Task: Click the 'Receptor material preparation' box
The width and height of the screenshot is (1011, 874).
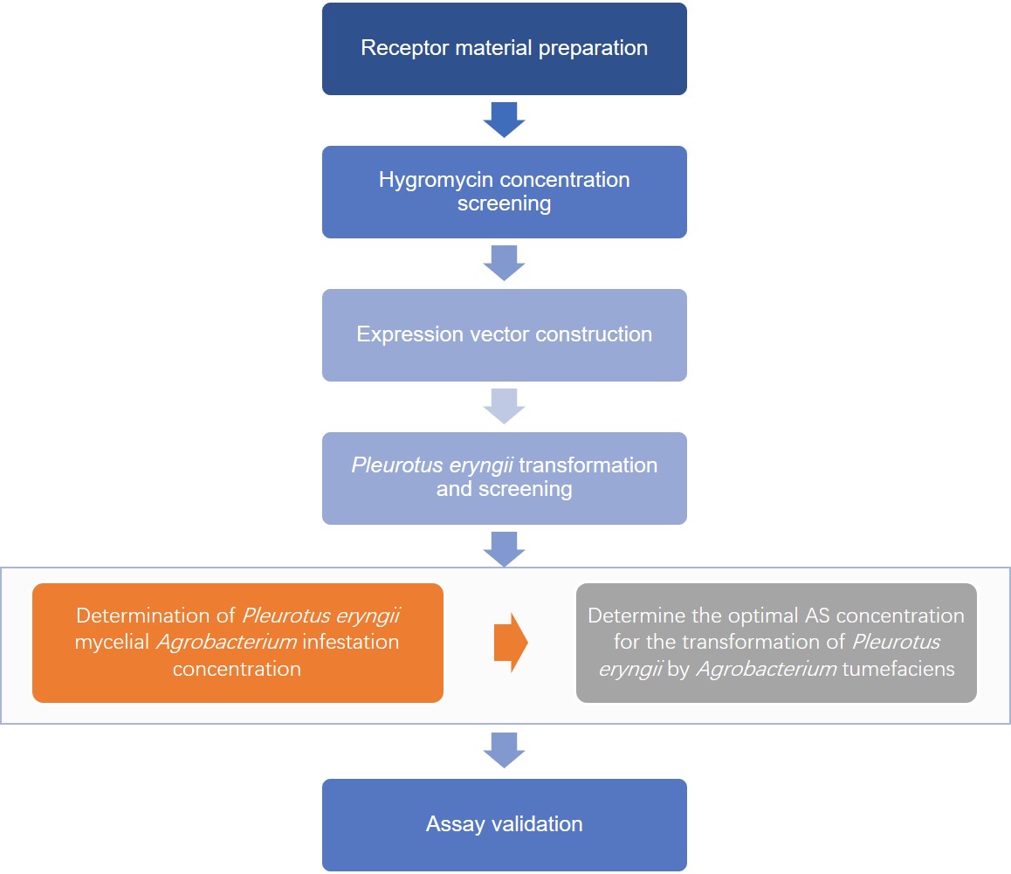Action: (x=504, y=49)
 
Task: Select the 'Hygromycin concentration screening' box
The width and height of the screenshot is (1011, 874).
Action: (x=504, y=192)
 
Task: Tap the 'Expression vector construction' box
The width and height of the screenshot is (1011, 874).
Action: (x=504, y=335)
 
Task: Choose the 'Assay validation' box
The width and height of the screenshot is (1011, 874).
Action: (x=504, y=824)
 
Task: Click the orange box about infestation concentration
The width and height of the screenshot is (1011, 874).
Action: (x=237, y=643)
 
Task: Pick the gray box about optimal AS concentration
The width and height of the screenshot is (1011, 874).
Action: (x=776, y=643)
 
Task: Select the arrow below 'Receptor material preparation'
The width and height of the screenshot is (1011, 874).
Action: (x=504, y=120)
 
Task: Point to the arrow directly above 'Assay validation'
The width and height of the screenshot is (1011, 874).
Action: (x=504, y=750)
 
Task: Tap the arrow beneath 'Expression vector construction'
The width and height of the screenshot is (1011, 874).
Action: (x=504, y=406)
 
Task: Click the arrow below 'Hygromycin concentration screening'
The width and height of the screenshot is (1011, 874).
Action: (x=504, y=263)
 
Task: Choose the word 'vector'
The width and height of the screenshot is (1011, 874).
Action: (x=491, y=335)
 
